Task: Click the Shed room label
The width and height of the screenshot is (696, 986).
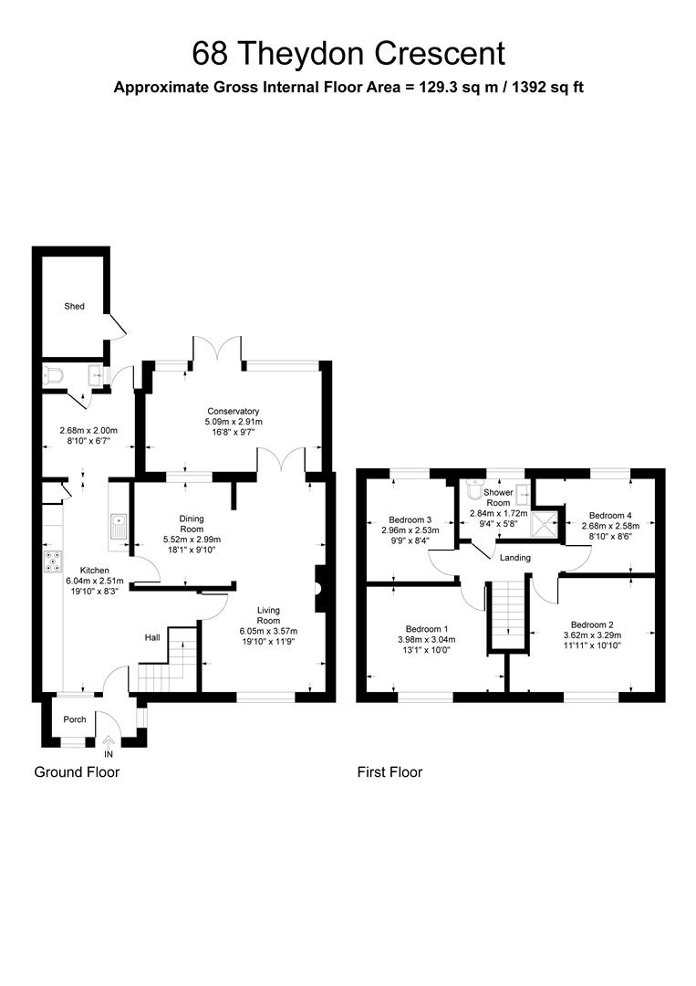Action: coord(74,306)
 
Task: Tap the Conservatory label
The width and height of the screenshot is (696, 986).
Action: coord(233,411)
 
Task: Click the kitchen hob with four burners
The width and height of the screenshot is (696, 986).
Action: coord(53,561)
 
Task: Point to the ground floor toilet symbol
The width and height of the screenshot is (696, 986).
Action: coord(53,376)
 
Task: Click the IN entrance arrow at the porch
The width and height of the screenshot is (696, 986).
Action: coord(109,741)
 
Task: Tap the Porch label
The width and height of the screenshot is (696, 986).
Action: coord(75,719)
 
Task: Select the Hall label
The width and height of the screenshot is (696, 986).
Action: coord(152,637)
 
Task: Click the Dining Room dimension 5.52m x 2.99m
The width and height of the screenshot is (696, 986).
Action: coord(192,540)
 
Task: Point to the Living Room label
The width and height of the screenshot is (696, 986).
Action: coord(268,615)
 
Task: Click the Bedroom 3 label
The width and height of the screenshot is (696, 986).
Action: coord(410,519)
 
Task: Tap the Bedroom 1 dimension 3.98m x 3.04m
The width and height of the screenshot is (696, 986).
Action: coord(427,640)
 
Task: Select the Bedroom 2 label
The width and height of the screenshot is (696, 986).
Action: coord(592,624)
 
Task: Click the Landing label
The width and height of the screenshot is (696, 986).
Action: coord(515,558)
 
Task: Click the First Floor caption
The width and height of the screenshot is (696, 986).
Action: coord(390,772)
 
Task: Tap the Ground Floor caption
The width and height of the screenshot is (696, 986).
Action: coord(77,772)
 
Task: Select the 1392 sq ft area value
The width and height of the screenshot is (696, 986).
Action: coord(547,88)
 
